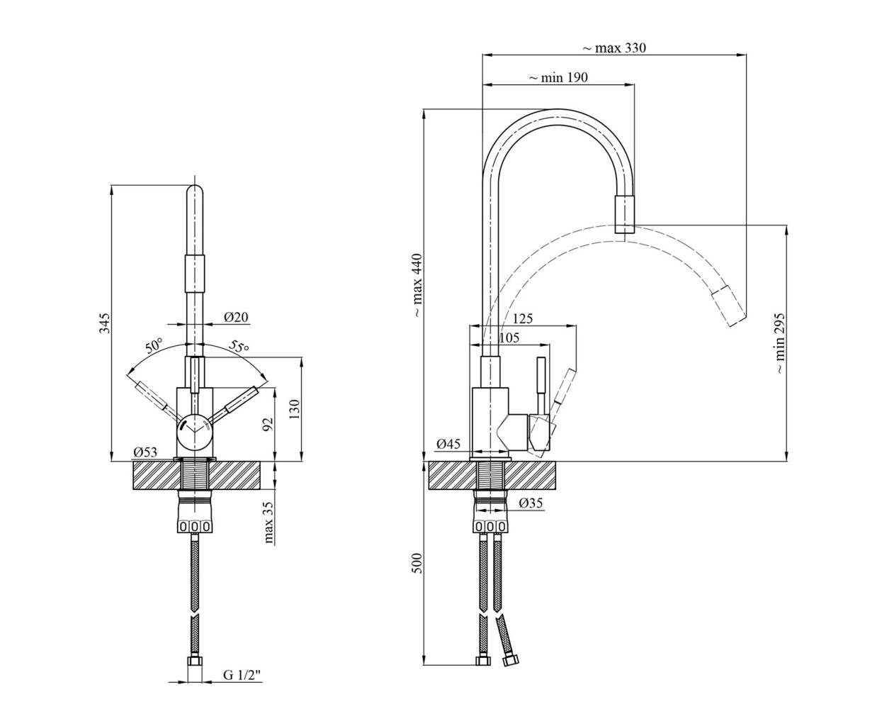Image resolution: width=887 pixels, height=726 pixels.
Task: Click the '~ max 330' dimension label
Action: click(x=614, y=48)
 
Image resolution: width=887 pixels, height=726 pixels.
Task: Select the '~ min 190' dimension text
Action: click(x=558, y=77)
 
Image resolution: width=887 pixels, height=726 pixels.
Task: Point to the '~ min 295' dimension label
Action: click(x=779, y=343)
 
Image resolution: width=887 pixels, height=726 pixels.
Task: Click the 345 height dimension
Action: click(x=104, y=323)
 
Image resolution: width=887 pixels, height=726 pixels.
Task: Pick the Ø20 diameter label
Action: click(x=236, y=316)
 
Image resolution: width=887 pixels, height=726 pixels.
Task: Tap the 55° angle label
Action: click(x=239, y=346)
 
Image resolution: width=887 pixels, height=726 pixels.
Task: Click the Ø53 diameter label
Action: click(x=145, y=452)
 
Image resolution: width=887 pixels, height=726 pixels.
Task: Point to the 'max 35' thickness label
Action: click(x=269, y=522)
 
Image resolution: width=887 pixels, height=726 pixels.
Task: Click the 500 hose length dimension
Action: click(x=417, y=563)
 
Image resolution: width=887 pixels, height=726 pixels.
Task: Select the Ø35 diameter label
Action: click(x=531, y=503)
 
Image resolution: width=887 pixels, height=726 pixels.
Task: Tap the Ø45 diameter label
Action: click(x=448, y=444)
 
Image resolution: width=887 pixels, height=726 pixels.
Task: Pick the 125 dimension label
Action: click(x=522, y=318)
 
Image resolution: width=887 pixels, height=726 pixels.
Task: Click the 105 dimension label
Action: click(x=509, y=337)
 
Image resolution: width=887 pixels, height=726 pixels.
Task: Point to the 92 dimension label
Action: click(x=268, y=424)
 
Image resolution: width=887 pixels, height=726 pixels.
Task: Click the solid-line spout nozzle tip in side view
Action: click(x=624, y=214)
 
